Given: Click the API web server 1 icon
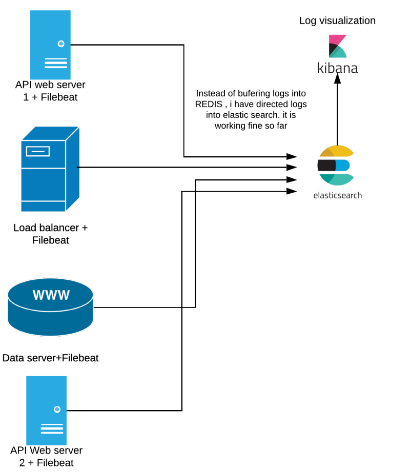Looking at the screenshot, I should tap(50, 45).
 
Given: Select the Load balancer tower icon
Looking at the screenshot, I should tap(50, 169).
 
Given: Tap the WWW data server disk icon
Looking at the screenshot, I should tap(51, 306).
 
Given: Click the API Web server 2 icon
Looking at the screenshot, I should tap(47, 411).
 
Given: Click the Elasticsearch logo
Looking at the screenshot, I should tap(336, 166).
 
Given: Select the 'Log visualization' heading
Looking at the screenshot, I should tap(337, 20).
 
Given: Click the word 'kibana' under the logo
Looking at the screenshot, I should tap(337, 68).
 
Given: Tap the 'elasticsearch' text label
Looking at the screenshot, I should tap(337, 195).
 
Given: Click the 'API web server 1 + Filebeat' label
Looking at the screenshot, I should tap(50, 90).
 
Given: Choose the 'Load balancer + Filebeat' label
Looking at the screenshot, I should tap(50, 233).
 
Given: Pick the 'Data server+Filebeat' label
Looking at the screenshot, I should tap(50, 358).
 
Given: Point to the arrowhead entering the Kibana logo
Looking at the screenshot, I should tap(337, 78).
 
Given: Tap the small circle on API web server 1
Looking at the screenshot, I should tap(61, 44).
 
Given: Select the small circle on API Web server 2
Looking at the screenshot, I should tap(57, 409).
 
